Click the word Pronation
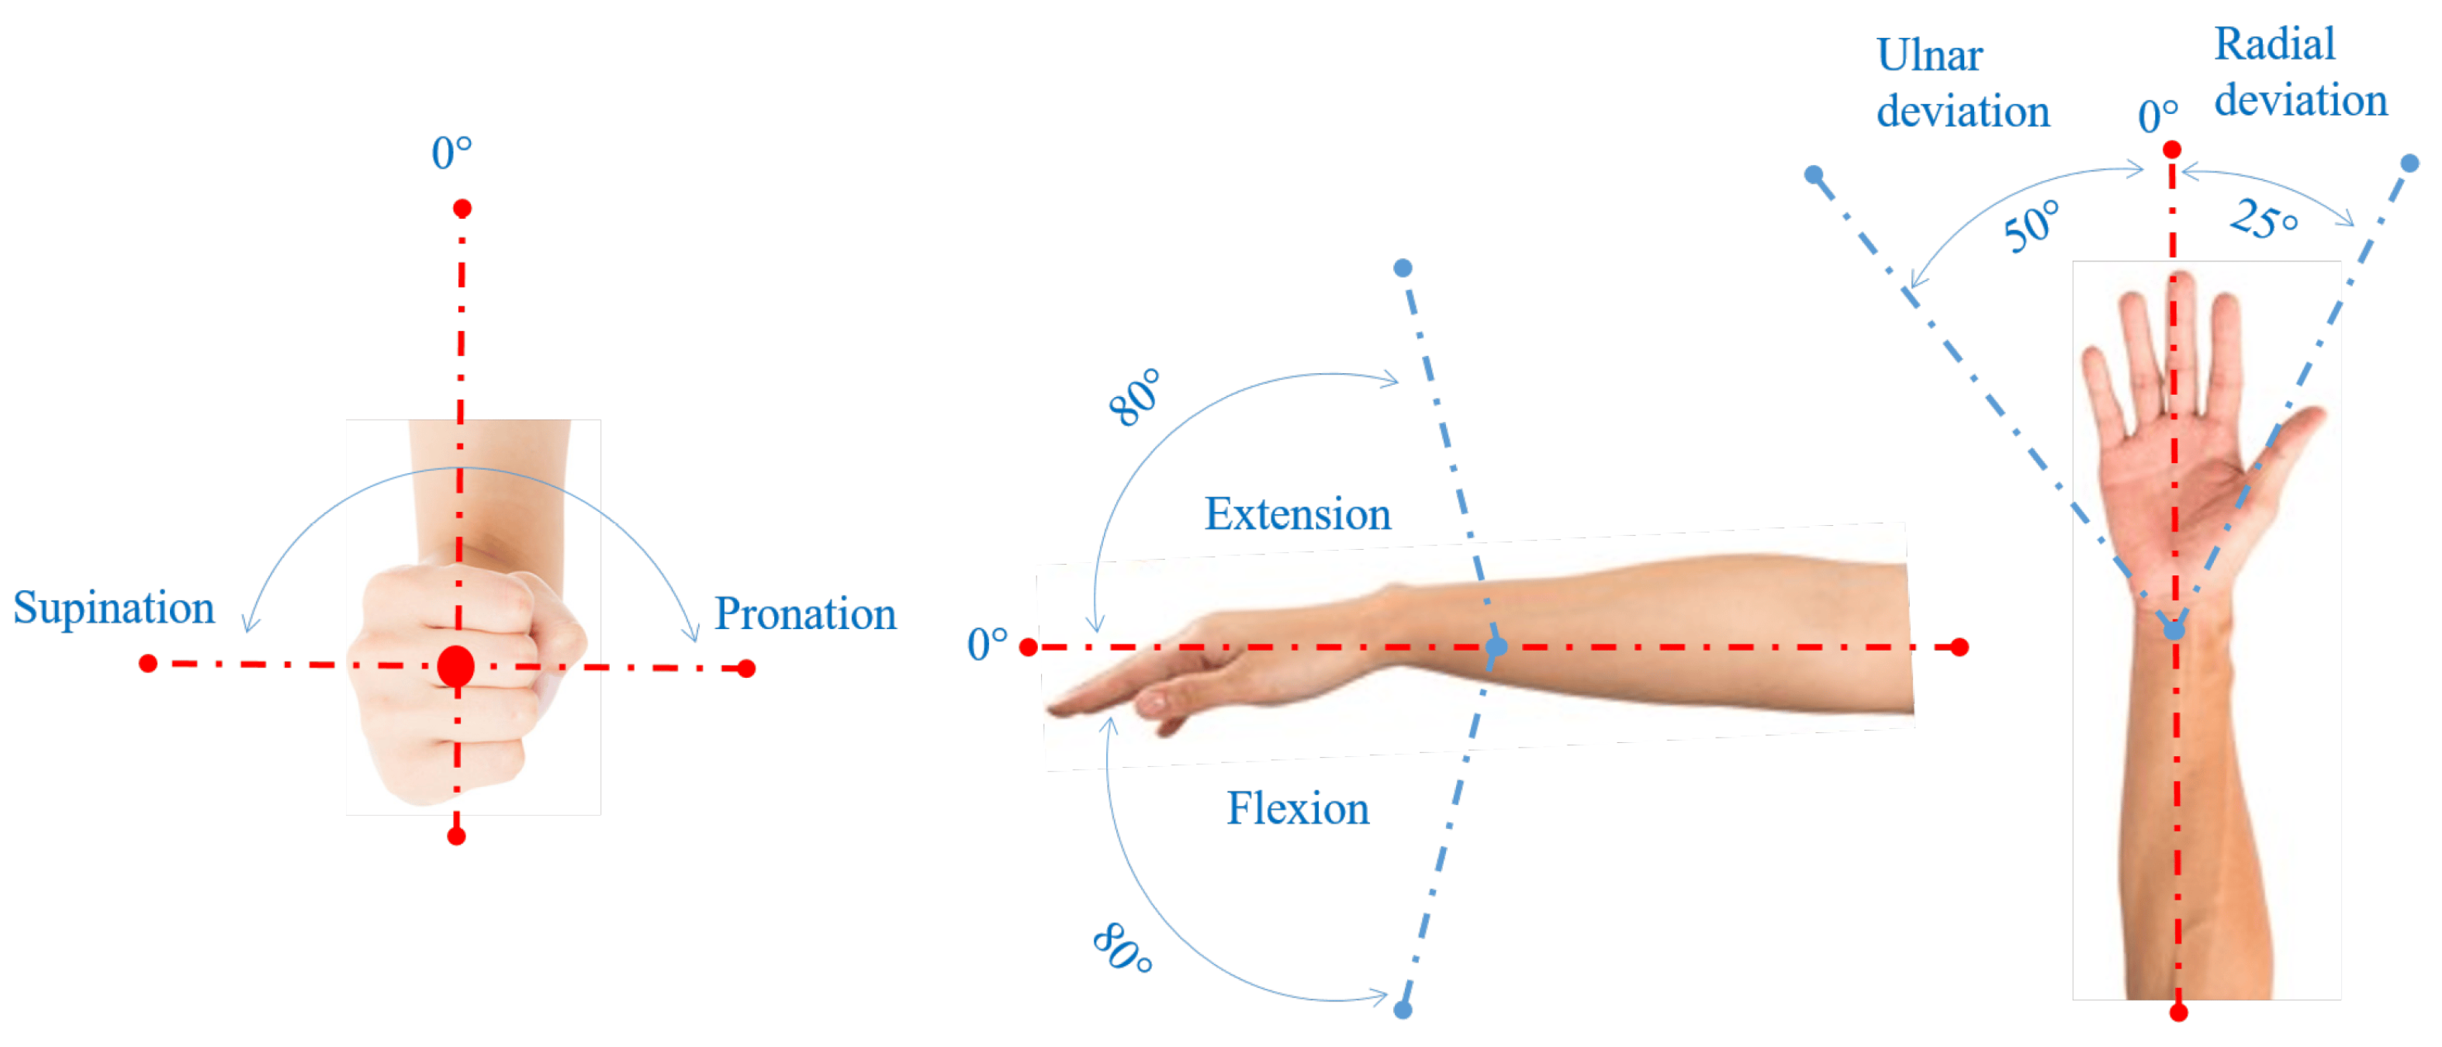point(805,615)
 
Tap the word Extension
point(1297,514)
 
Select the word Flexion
point(1297,809)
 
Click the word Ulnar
point(1929,56)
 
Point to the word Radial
point(2274,44)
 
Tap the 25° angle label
point(2263,219)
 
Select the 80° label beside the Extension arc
point(1135,396)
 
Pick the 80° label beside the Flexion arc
point(1122,948)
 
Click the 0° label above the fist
point(451,153)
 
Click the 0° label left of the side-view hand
point(987,644)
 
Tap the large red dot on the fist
point(456,667)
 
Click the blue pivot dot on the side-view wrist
point(1496,647)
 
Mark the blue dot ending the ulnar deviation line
point(1814,174)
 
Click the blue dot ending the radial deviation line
point(2409,164)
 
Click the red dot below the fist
point(456,836)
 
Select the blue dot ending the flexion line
point(1403,1010)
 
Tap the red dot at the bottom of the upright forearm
point(2178,1013)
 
